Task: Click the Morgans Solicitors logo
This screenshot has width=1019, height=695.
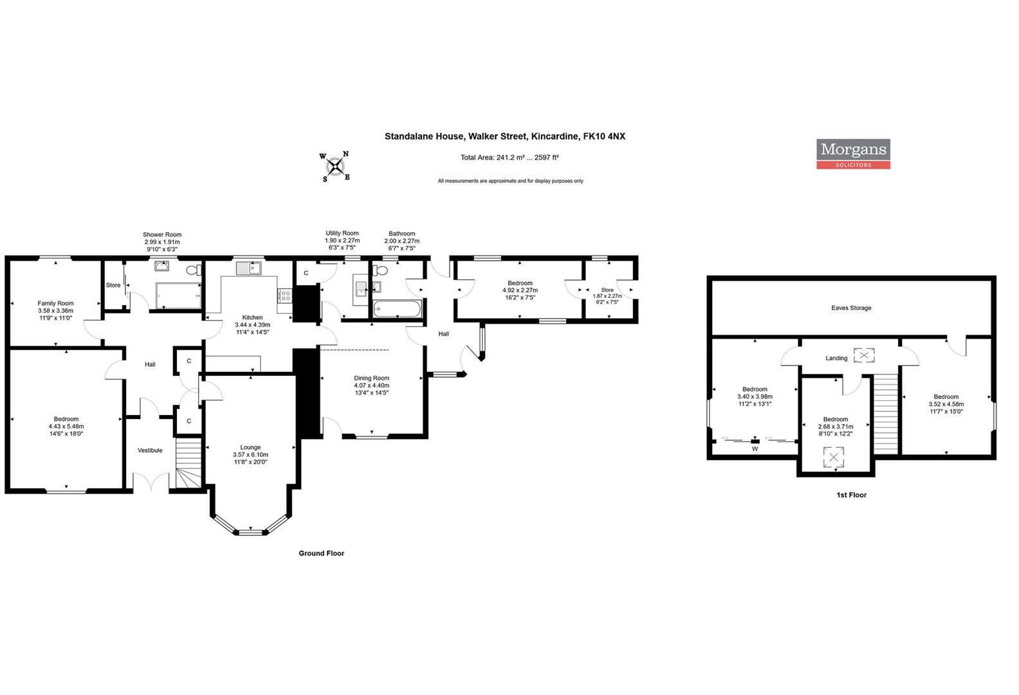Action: click(x=853, y=154)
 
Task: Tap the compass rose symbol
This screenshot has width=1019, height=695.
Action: click(x=335, y=167)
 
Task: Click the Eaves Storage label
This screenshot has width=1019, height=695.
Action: click(x=851, y=308)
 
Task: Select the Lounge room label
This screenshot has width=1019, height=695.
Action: click(x=250, y=447)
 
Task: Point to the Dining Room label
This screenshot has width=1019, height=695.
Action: click(x=372, y=378)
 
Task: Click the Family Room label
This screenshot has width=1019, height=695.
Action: click(x=55, y=303)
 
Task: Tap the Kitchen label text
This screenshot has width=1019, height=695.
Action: click(x=252, y=317)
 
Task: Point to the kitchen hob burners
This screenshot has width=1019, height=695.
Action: click(x=284, y=295)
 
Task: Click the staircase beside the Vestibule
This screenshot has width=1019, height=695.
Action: click(x=188, y=465)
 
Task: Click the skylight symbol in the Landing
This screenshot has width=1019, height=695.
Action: click(x=864, y=355)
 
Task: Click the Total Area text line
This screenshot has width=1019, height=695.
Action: click(x=509, y=158)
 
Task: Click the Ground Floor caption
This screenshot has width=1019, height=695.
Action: click(x=321, y=553)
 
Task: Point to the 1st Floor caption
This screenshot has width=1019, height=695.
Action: click(x=851, y=496)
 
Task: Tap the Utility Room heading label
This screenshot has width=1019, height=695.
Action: click(x=342, y=234)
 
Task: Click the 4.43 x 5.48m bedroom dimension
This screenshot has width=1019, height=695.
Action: click(x=66, y=427)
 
